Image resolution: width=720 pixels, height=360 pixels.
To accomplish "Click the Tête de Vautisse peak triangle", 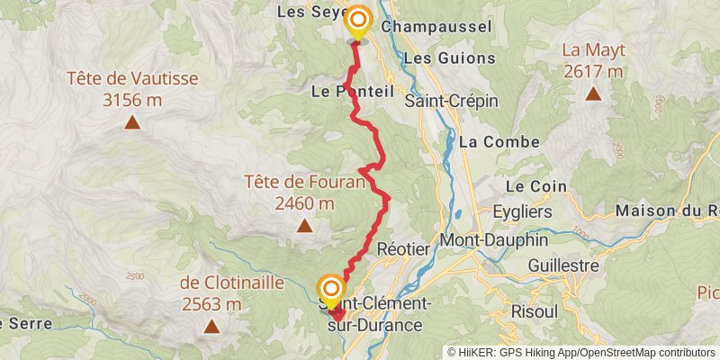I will pyautogui.click(x=132, y=123).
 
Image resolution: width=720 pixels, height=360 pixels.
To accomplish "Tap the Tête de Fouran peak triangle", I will pyautogui.click(x=305, y=226).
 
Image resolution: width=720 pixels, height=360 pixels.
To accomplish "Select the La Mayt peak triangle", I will pyautogui.click(x=593, y=94).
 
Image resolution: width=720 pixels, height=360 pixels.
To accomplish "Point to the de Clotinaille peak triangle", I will pyautogui.click(x=211, y=327).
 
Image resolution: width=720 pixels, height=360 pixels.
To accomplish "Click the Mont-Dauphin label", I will pyautogui.click(x=485, y=241).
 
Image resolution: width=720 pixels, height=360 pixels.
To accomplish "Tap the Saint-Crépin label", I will pyautogui.click(x=451, y=101).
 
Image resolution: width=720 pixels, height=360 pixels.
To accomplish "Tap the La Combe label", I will pyautogui.click(x=499, y=141).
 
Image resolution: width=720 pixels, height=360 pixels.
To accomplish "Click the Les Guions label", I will pyautogui.click(x=450, y=58).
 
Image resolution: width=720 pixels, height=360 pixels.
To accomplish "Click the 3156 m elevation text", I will pyautogui.click(x=132, y=100).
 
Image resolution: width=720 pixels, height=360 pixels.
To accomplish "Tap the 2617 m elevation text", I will pyautogui.click(x=593, y=71).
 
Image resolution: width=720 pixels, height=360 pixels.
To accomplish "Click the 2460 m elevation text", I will pyautogui.click(x=305, y=203).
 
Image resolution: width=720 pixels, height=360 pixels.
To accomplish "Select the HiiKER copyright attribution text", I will pyautogui.click(x=580, y=353).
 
